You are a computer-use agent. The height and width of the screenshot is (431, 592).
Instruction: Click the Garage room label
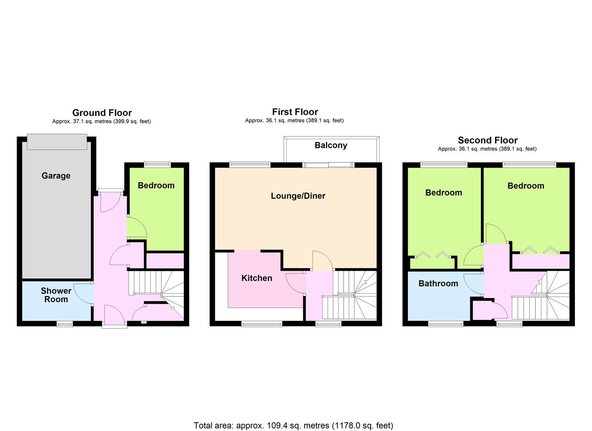(56, 176)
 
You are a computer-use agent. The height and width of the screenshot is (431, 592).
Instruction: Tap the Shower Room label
(56, 295)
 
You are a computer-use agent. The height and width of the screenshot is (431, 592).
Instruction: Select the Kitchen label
(257, 278)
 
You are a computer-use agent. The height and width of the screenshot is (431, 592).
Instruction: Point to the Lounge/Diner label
(298, 196)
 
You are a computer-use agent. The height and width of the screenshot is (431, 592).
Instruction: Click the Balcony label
(331, 145)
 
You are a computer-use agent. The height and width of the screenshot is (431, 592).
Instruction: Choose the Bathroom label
(439, 284)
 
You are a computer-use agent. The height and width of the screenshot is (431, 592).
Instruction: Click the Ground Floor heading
(102, 113)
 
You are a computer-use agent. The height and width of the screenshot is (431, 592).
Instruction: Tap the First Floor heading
(295, 112)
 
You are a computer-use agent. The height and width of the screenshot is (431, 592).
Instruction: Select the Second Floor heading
(488, 140)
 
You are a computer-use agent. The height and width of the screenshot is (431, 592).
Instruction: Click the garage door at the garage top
(57, 142)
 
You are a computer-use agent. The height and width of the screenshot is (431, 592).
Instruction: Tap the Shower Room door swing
(83, 294)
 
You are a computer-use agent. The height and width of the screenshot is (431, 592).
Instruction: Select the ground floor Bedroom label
(156, 186)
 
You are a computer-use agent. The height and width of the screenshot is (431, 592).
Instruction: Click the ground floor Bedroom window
(157, 164)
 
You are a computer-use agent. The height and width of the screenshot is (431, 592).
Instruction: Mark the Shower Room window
(65, 324)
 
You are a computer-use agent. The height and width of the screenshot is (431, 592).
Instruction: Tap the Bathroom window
(446, 324)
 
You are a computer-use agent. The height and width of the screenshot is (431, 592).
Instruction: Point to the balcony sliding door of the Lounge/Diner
(328, 165)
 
